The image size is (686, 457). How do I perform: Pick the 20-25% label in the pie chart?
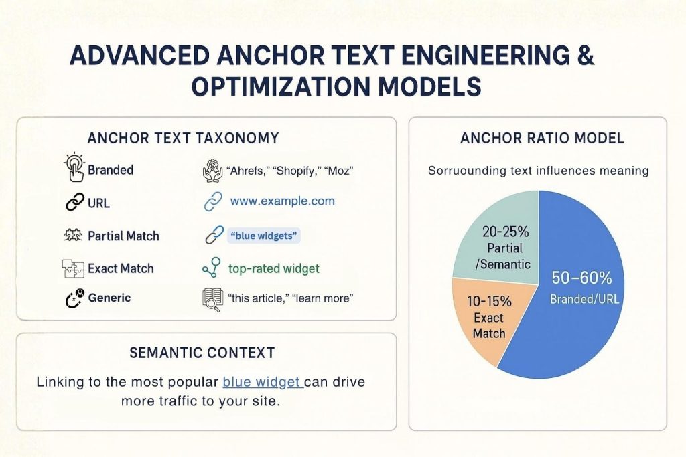[x=506, y=232]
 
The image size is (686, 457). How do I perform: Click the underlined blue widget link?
[x=262, y=382]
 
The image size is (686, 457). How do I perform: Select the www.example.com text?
[x=282, y=201]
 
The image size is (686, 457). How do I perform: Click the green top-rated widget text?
[x=274, y=268]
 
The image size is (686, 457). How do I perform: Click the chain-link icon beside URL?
[x=74, y=203]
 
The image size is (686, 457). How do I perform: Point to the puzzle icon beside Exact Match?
[x=72, y=268]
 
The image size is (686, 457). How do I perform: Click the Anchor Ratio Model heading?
[x=543, y=139]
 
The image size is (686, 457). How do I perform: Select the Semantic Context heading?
[x=202, y=352]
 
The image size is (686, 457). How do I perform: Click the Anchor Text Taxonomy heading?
[x=183, y=139]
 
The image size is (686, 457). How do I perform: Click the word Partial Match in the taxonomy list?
[x=123, y=236]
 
